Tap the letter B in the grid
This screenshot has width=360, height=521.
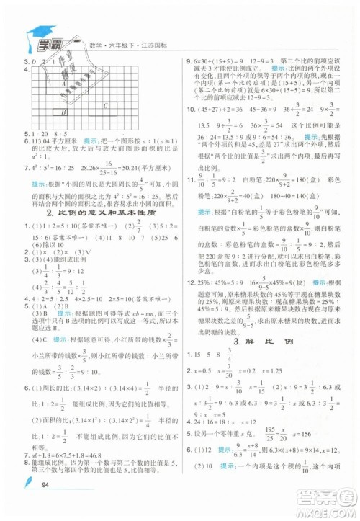[64, 112]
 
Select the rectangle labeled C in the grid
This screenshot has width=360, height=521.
[105, 105]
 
